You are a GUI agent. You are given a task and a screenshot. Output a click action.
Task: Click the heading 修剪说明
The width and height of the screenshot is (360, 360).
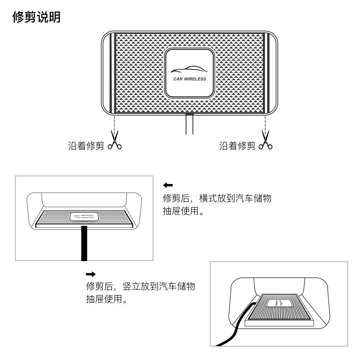coord(36,17)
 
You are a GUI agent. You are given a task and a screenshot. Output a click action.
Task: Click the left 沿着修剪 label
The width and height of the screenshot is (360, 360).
coord(86,146)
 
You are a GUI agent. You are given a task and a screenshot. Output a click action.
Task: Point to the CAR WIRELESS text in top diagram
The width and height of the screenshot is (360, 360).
coord(189,79)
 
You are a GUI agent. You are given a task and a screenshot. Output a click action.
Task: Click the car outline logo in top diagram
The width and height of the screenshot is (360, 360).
coord(188,69)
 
